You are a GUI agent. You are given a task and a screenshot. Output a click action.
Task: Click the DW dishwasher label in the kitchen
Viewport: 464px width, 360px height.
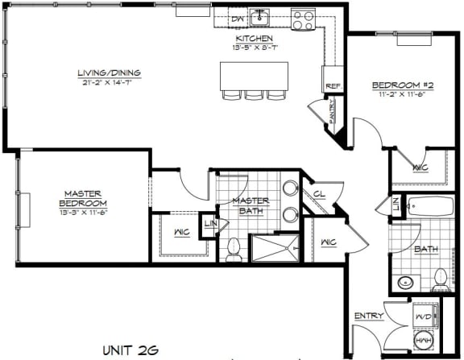pyautogui.click(x=237, y=18)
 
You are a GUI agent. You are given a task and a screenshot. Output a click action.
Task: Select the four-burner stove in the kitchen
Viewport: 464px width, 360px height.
pyautogui.click(x=303, y=19)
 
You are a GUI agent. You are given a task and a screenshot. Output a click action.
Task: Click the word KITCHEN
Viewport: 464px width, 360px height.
pyautogui.click(x=254, y=39)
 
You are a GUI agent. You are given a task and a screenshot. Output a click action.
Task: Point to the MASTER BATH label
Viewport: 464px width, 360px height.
pyautogui.click(x=251, y=205)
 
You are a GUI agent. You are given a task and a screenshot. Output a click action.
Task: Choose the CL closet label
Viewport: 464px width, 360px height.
pyautogui.click(x=319, y=194)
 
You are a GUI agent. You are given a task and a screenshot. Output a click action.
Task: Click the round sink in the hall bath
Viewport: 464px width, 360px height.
pyautogui.click(x=406, y=282)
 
